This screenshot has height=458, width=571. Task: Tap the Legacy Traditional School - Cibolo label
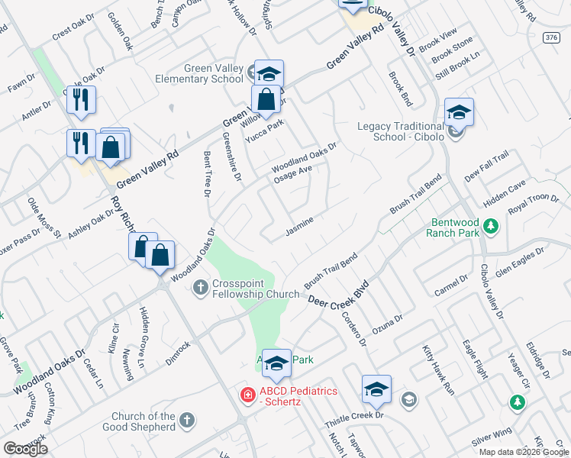point(400,131)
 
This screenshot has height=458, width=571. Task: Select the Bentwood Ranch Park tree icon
point(492,226)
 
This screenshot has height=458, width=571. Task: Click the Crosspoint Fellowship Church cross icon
point(201,288)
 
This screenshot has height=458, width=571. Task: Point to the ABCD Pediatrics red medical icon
point(247,395)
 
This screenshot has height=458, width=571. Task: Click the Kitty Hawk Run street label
point(438,369)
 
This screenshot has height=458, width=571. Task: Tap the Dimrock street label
point(177,353)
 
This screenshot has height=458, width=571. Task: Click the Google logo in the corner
point(25,448)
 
